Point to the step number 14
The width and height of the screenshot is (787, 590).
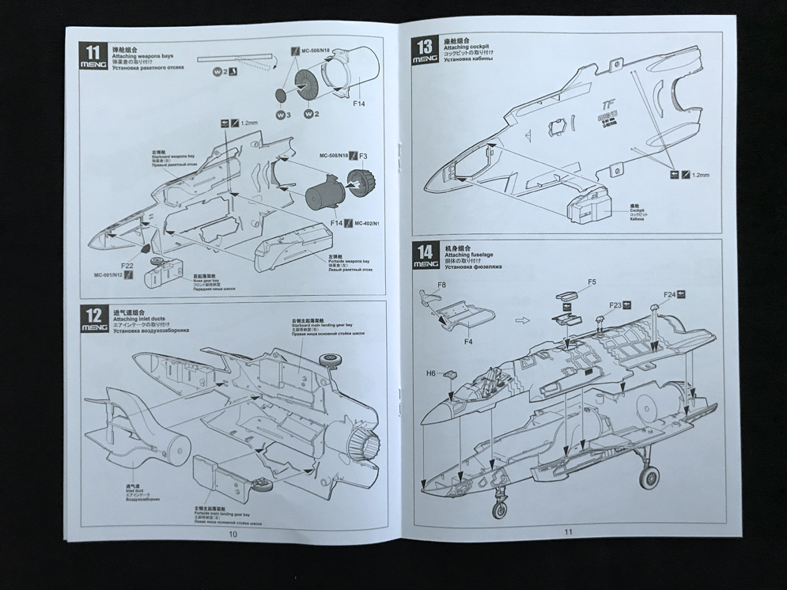(x=425, y=251)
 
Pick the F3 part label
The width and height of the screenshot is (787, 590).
(x=363, y=157)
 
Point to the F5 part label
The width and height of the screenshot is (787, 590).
(x=592, y=282)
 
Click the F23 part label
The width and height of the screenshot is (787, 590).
(x=615, y=304)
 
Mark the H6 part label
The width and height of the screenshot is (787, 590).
(x=431, y=373)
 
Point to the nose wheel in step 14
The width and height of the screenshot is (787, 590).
(x=499, y=510)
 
